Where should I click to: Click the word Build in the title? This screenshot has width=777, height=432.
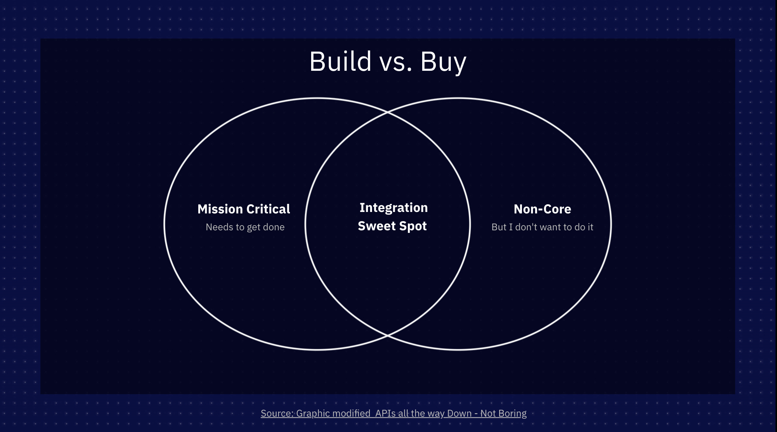pyautogui.click(x=340, y=61)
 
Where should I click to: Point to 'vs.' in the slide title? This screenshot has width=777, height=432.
pyautogui.click(x=396, y=62)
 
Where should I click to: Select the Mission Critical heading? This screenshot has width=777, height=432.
pyautogui.click(x=244, y=209)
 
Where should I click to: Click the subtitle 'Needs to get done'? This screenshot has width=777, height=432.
pyautogui.click(x=245, y=227)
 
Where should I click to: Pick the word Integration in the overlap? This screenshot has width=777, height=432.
pyautogui.click(x=393, y=208)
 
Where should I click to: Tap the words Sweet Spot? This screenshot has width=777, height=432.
pyautogui.click(x=392, y=226)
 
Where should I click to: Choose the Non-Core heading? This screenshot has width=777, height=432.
pyautogui.click(x=542, y=209)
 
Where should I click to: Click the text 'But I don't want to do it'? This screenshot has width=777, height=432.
pyautogui.click(x=542, y=227)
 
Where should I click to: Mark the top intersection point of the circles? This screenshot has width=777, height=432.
pyautogui.click(x=388, y=112)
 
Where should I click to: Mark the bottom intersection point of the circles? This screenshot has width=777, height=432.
pyautogui.click(x=388, y=335)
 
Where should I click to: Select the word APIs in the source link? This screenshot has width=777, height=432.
pyautogui.click(x=385, y=413)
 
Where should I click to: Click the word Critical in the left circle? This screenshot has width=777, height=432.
pyautogui.click(x=268, y=209)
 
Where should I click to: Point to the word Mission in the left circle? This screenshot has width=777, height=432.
pyautogui.click(x=220, y=209)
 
